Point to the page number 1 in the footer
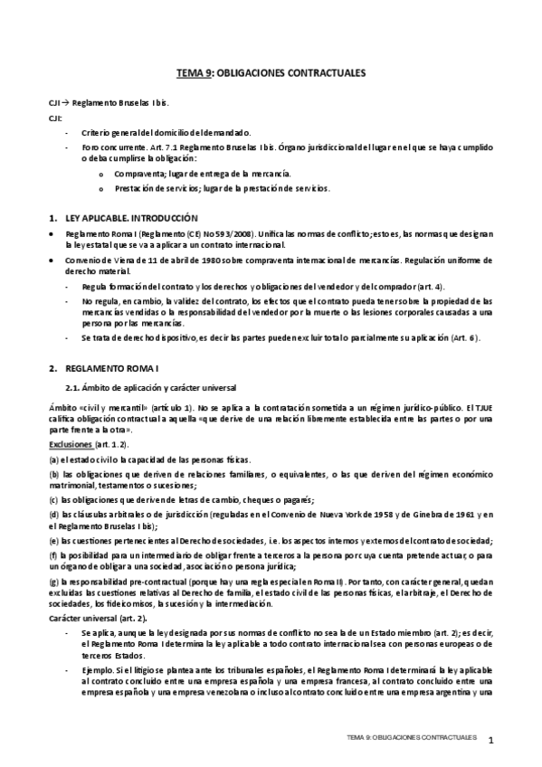(490, 742)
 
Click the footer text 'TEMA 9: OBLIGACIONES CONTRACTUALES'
(412, 738)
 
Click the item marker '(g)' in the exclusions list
(53, 580)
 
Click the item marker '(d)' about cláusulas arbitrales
(53, 515)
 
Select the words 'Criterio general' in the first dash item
(109, 131)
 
